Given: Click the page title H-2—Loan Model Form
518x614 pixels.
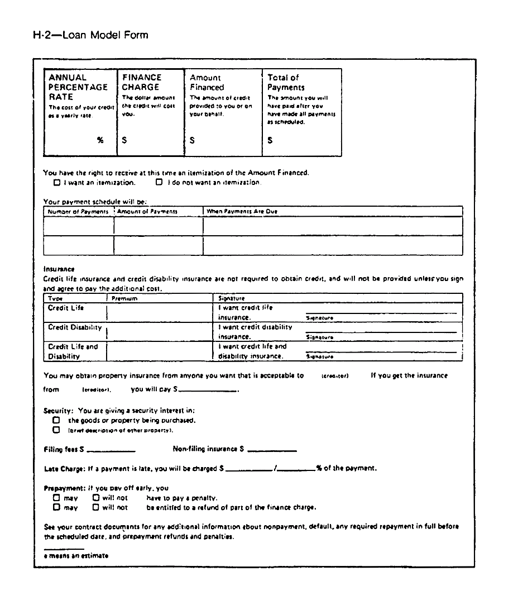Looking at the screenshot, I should pos(91,36).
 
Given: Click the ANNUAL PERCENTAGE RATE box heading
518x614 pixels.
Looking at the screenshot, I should pos(78,87).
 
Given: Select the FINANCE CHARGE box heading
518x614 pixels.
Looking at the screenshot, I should pos(142,82).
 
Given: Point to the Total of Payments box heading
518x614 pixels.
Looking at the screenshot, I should pos(286,83).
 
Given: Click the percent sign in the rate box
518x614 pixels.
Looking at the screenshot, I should pos(100,141).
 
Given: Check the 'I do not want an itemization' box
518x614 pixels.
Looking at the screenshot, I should pos(159,182).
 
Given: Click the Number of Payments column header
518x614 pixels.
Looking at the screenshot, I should pos(78,212).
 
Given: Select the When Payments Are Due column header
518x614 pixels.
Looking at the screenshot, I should pos(242,212).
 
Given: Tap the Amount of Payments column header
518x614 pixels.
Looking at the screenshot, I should pos(147,212).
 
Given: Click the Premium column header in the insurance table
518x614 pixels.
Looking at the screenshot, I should pos(124,299).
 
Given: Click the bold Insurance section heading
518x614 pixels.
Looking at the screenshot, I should pos(59,269).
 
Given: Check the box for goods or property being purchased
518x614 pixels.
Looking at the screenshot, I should pos(56,420).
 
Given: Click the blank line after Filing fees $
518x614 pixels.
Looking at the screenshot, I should pos(111,450).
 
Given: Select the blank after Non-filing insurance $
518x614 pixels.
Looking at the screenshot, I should pos(272,450).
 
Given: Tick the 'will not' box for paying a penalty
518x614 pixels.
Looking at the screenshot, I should pos(96,497).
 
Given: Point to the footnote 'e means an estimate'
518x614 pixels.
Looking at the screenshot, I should pos(76,556).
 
